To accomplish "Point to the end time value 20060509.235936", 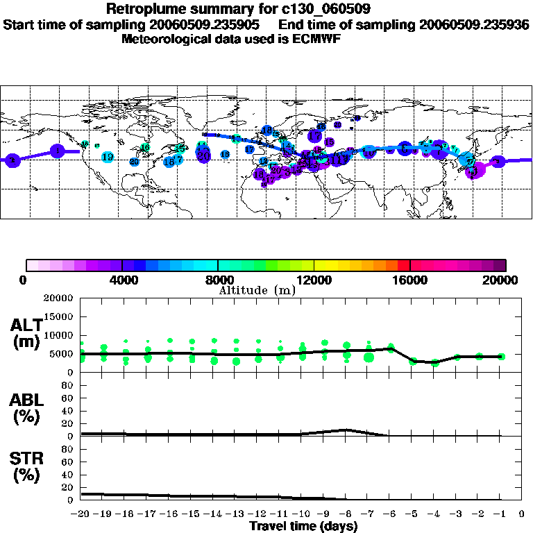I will tap(475, 24).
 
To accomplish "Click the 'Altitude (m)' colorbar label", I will tap(257, 290).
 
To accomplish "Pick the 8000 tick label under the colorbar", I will tap(219, 280).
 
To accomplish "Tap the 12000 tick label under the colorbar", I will tap(314, 280).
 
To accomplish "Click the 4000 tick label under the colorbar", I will tap(122, 280).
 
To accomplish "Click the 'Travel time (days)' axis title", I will tap(303, 526).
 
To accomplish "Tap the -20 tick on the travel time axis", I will tap(81, 514).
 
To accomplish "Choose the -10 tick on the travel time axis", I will tap(302, 514).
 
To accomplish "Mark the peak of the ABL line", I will tap(347, 430).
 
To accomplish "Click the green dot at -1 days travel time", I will tap(501, 356).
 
